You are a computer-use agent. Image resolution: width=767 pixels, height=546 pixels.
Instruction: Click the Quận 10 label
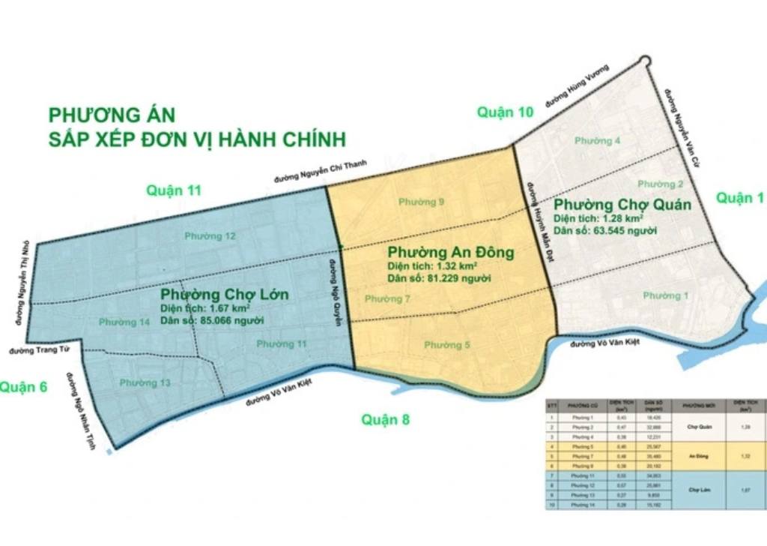(506, 112)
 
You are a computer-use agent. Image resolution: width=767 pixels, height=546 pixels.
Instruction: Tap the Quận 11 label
(174, 190)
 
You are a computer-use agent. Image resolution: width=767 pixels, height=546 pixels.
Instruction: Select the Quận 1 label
(740, 197)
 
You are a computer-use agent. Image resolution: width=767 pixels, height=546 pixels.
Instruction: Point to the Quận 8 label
(385, 419)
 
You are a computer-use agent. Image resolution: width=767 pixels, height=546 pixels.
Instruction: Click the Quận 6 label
(24, 387)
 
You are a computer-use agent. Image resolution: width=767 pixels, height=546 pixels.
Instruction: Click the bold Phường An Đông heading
(451, 253)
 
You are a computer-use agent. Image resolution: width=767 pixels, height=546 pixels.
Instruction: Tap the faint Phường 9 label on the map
(422, 202)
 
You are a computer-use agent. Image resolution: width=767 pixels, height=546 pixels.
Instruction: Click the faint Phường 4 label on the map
(597, 141)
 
